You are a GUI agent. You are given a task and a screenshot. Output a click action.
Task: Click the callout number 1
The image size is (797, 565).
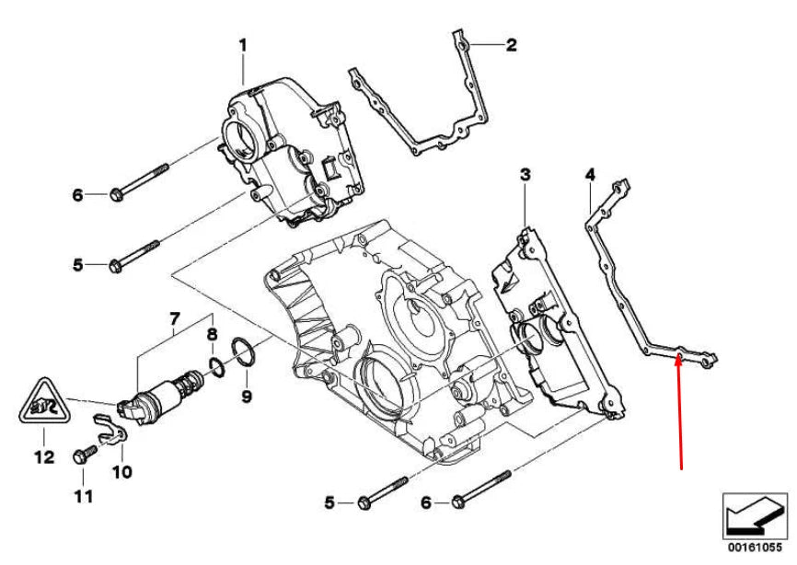coord(244,43)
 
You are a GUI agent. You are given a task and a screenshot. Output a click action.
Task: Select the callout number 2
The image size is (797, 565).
coord(511,44)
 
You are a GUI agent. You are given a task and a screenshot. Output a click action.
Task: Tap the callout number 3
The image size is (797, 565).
coord(525,174)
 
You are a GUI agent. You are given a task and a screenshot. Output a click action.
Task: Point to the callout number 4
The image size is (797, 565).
coord(589,174)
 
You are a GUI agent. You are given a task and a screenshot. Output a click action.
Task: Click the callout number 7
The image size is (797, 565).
coord(172,319)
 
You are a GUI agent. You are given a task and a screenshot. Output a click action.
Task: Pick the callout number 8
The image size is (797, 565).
coord(211,335)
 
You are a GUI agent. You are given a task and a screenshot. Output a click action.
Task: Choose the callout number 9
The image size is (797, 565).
coord(246,397)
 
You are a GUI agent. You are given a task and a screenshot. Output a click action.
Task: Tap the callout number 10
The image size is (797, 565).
coord(121,472)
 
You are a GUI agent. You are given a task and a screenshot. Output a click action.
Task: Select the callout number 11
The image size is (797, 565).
coord(83,498)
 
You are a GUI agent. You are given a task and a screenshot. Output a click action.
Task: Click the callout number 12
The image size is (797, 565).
coord(40,455)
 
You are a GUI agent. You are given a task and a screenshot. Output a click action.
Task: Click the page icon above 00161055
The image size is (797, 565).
coord(755,516)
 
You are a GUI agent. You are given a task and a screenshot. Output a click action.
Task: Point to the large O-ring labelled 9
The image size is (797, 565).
coord(244,354)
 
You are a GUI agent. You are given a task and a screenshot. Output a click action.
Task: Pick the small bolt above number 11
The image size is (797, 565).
coord(81,455)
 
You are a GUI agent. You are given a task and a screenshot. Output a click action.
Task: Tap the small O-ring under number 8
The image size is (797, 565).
coord(214,367)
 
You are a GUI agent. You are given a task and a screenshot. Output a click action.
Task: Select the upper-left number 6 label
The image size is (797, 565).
coord(78,195)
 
